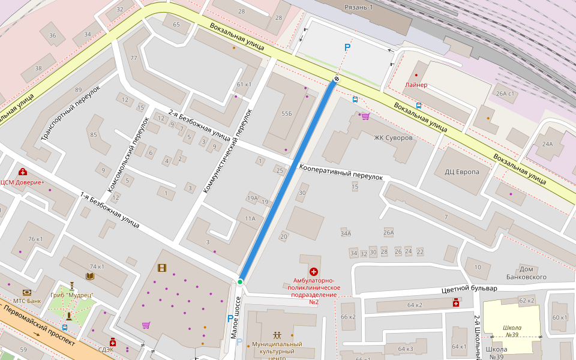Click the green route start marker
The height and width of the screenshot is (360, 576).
pos(240,281)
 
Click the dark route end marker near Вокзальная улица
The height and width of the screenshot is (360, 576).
pos(337,79)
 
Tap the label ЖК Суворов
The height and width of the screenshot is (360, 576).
pos(393,138)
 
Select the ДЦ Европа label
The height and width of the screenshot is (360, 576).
pos(461,172)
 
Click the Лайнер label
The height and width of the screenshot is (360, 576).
pos(416,85)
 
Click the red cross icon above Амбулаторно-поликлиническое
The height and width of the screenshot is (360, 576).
pos(313,272)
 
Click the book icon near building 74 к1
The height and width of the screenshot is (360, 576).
pos(90,276)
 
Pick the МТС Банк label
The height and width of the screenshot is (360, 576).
pos(27,301)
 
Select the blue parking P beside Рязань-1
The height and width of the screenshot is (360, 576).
pos(346,47)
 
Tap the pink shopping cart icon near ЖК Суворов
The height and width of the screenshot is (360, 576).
pos(365,116)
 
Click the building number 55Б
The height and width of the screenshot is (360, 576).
pos(286,113)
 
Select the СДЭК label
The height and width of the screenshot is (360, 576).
pos(106,349)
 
